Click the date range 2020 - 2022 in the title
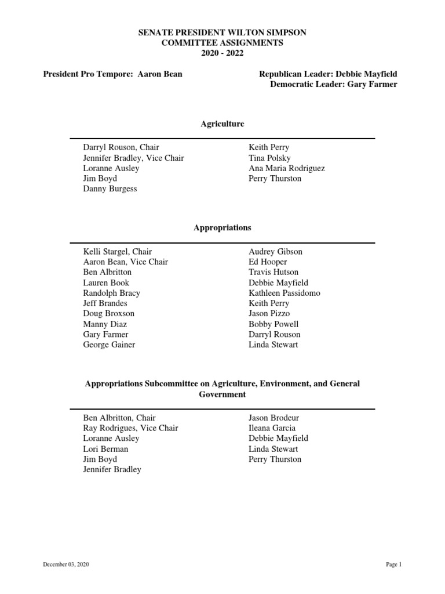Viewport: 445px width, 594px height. click(x=222, y=53)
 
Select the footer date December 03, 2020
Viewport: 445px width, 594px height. click(x=65, y=564)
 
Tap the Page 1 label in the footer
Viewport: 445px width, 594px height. click(x=393, y=564)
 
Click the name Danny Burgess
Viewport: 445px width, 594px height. click(x=110, y=189)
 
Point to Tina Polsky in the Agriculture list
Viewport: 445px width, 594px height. click(x=269, y=158)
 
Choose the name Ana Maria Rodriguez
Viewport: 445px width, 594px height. click(x=286, y=168)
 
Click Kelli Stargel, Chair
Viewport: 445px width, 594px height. click(x=118, y=251)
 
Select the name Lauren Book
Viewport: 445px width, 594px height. click(x=106, y=282)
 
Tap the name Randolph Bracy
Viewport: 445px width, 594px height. click(x=112, y=293)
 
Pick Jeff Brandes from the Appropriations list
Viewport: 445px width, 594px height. click(x=105, y=303)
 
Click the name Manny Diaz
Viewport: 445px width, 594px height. click(x=105, y=324)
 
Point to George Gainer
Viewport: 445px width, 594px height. click(x=109, y=345)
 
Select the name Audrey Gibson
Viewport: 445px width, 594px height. click(x=275, y=251)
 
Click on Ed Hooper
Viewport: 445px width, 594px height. click(x=268, y=262)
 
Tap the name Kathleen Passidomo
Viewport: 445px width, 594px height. click(x=284, y=293)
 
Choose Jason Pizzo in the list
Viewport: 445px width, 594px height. click(x=269, y=314)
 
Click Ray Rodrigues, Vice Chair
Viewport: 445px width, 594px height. click(x=130, y=428)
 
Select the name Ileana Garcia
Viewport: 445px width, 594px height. click(x=272, y=428)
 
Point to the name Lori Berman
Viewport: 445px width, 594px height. click(x=106, y=449)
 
